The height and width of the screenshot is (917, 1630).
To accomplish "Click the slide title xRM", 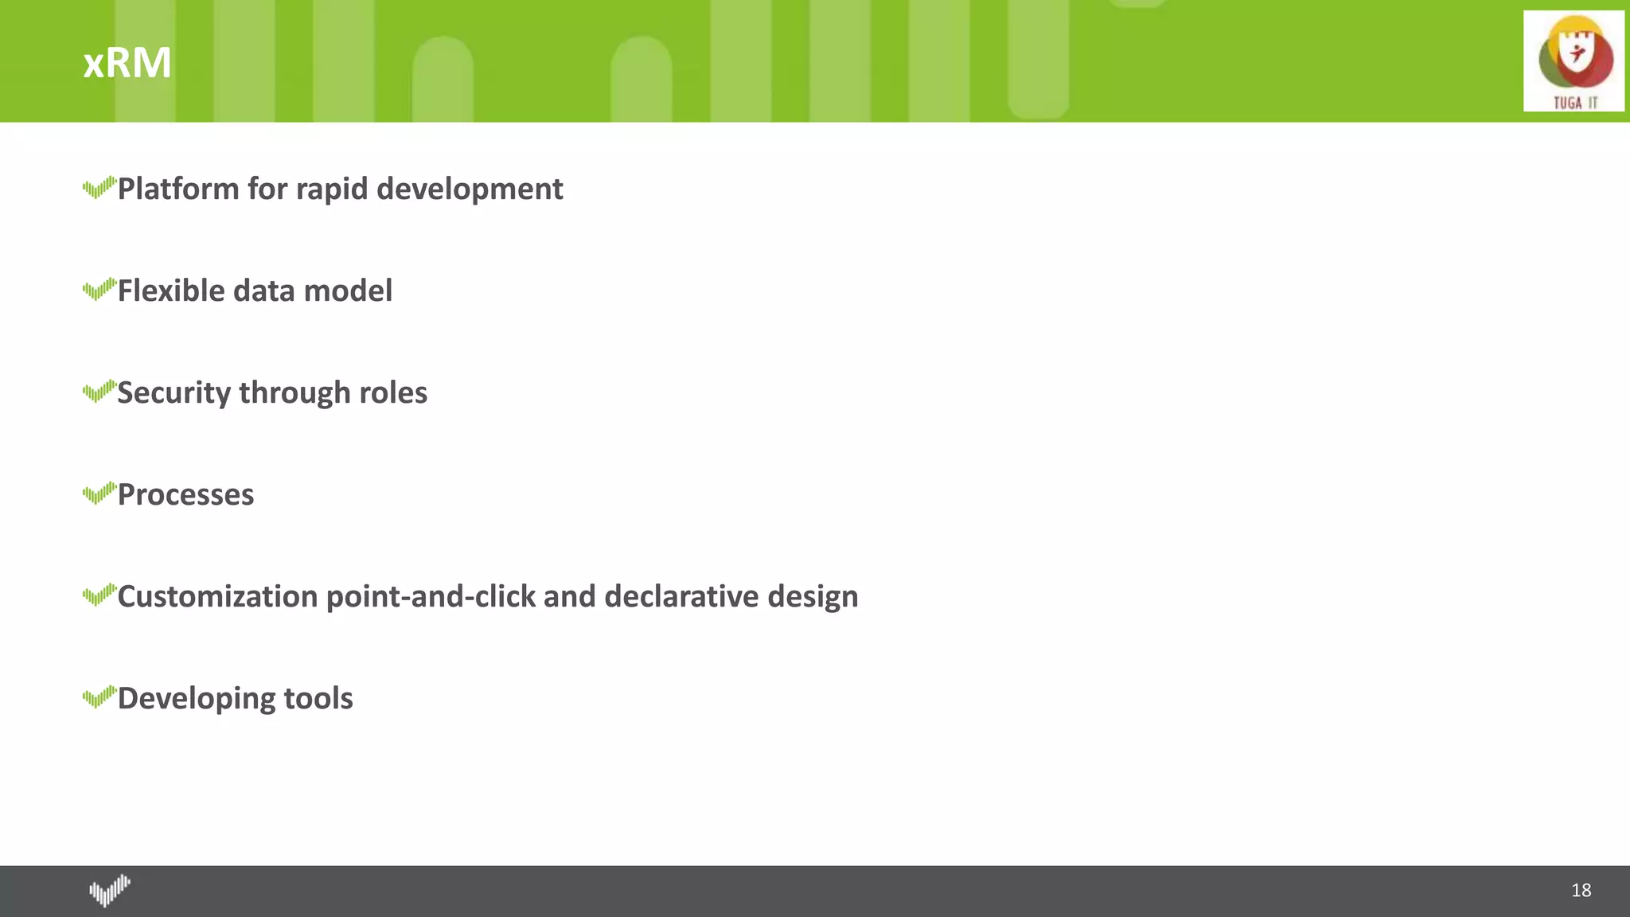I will tap(127, 62).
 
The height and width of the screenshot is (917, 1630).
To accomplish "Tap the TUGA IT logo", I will tap(1573, 61).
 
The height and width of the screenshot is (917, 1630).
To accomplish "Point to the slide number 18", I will tap(1581, 890).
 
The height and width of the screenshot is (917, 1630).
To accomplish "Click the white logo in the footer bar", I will tap(110, 891).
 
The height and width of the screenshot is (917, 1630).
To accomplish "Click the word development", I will tap(470, 189).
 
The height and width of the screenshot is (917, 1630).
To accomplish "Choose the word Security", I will tap(174, 393).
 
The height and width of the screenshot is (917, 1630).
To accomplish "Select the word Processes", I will tap(185, 495).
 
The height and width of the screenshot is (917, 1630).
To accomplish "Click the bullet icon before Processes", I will tap(99, 494).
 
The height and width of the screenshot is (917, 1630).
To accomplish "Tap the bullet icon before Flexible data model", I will tap(99, 290).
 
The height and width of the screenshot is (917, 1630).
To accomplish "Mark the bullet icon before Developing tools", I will tap(99, 697).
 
